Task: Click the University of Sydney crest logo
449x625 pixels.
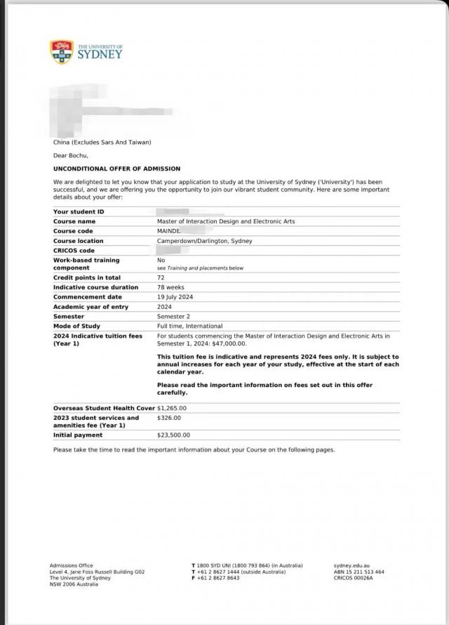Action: click(x=62, y=51)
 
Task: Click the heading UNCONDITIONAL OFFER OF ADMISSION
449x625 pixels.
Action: click(x=116, y=169)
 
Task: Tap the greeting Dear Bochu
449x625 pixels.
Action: click(x=71, y=155)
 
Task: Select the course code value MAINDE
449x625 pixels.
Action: click(x=169, y=231)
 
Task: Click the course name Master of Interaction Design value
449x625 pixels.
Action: click(x=226, y=221)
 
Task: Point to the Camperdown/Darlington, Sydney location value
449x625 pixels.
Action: click(x=204, y=241)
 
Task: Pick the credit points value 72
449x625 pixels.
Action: click(x=161, y=277)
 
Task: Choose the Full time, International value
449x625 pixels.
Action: click(x=189, y=326)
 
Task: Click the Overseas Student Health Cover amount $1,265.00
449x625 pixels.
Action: click(x=172, y=408)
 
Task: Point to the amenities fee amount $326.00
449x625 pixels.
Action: click(x=168, y=418)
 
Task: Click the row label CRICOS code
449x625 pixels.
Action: click(x=74, y=251)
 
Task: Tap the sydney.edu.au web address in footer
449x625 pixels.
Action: click(x=351, y=565)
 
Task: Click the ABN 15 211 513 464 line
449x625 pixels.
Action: click(x=358, y=572)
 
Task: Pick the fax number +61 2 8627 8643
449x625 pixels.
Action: click(x=218, y=578)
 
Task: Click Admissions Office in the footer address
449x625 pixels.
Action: click(x=71, y=565)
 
